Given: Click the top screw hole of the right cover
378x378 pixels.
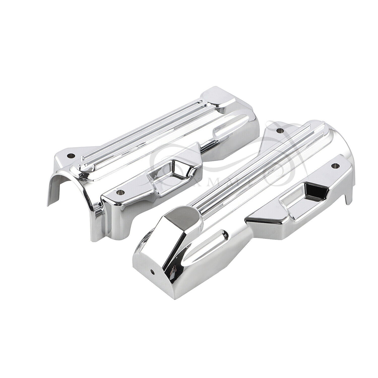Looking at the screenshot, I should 278,131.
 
